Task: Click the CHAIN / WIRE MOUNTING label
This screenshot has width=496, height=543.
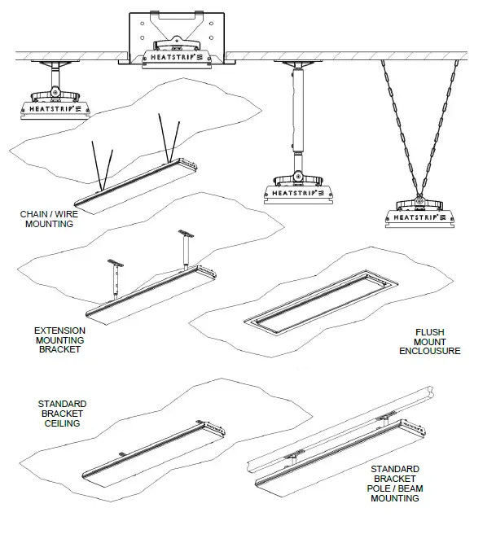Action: pos(46,219)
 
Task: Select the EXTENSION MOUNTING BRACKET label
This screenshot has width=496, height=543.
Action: pos(59,339)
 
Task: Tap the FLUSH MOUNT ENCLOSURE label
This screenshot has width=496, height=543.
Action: pos(429,342)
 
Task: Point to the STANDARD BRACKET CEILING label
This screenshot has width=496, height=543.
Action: pos(61,414)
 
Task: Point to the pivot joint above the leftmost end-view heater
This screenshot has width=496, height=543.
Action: pos(55,83)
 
